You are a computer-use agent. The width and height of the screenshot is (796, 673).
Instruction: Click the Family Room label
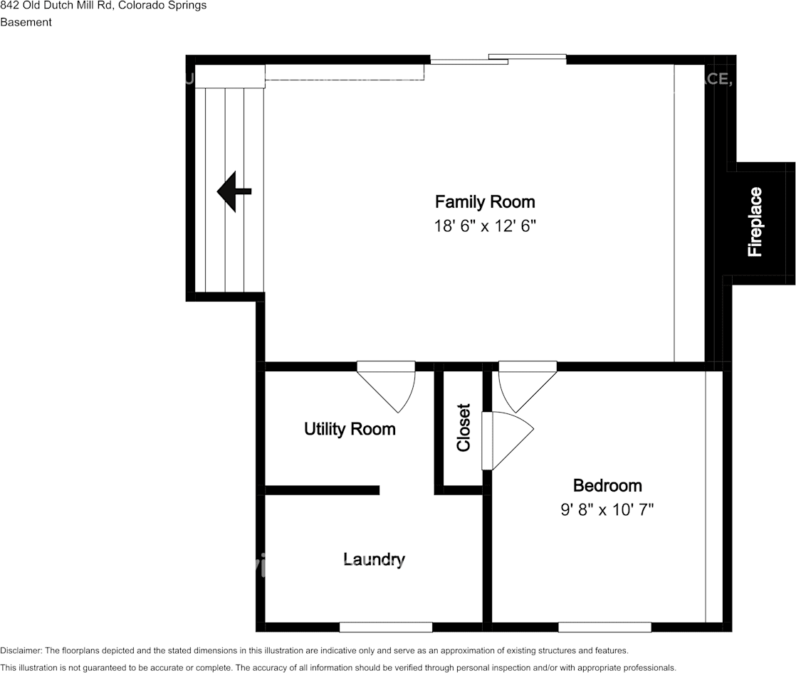click(484, 202)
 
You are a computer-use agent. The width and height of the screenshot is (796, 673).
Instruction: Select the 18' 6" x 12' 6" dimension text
click(484, 226)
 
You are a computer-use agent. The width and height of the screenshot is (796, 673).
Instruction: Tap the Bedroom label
click(607, 486)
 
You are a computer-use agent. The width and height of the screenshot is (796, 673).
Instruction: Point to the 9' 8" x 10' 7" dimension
click(607, 509)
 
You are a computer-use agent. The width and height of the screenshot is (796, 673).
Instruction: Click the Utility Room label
click(350, 429)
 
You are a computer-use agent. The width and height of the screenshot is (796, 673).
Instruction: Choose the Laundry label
click(374, 560)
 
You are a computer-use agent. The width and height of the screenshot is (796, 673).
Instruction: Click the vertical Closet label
click(464, 428)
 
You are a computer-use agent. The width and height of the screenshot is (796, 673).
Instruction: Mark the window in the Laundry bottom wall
click(385, 627)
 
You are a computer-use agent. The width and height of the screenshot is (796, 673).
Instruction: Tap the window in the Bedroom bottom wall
click(604, 627)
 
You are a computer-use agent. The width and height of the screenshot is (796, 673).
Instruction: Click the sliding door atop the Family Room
click(498, 59)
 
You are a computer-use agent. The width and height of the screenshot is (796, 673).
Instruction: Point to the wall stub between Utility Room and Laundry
click(322, 489)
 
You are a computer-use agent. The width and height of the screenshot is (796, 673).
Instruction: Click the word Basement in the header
click(26, 22)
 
